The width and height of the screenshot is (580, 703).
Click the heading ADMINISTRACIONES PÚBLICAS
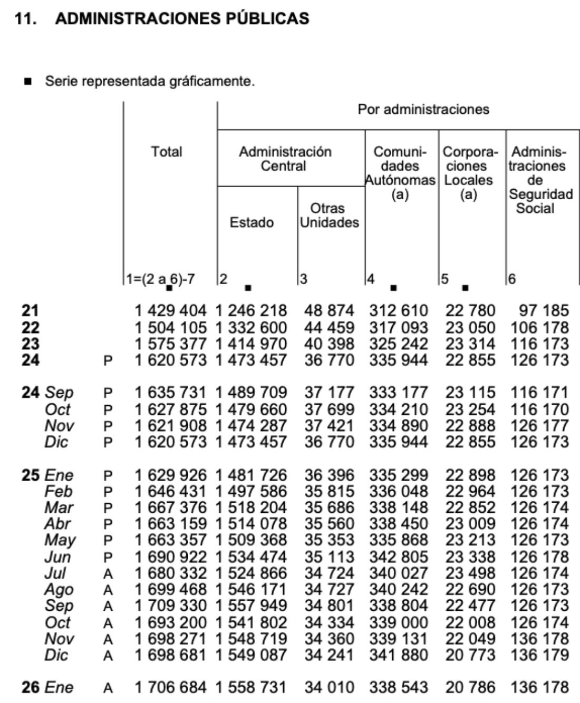tap(182, 18)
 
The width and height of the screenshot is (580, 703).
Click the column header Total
tap(167, 152)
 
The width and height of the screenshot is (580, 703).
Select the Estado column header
tap(252, 222)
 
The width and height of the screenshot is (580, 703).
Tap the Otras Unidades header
tap(329, 216)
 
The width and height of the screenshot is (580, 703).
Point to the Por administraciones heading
tap(423, 110)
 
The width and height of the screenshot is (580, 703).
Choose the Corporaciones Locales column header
tap(468, 173)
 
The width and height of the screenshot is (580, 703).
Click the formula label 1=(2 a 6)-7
tap(160, 279)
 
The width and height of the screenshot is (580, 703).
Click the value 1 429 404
tap(171, 311)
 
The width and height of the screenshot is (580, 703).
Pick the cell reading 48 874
tap(330, 311)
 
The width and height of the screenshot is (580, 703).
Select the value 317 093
tap(399, 327)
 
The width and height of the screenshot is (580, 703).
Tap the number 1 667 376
tap(171, 508)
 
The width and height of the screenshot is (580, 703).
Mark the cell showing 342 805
tap(399, 557)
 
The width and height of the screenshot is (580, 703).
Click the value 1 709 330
tap(171, 606)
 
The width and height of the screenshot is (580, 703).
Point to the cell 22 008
tap(470, 622)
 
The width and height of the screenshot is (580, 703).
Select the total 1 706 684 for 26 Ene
tap(171, 688)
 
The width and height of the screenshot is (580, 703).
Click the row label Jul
tap(55, 573)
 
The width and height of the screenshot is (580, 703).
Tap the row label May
tap(60, 541)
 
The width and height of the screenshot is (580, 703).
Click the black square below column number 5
tap(465, 288)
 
